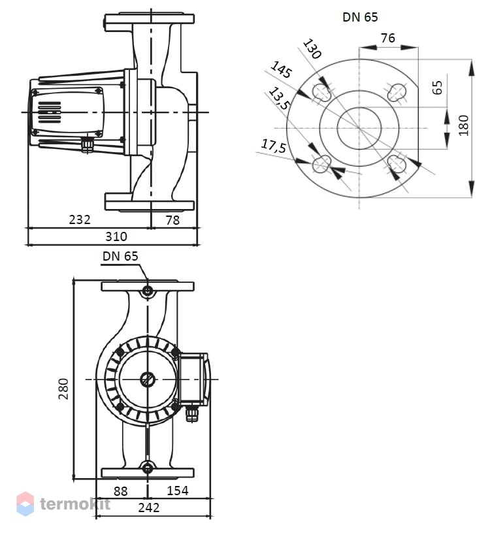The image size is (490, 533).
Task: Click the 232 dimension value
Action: tap(80, 219)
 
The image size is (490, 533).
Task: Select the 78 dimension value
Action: tap(172, 220)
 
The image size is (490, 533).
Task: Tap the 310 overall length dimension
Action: tap(116, 236)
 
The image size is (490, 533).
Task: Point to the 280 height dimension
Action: tap(63, 389)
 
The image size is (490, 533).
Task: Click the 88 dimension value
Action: tap(120, 491)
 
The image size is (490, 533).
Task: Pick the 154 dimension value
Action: tap(178, 491)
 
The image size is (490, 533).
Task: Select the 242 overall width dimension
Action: tap(148, 508)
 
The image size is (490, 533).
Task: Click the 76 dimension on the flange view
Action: tap(388, 38)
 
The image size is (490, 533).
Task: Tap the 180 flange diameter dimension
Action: tap(463, 125)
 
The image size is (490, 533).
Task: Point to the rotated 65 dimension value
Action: tap(437, 88)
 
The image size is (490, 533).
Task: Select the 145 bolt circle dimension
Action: tap(281, 69)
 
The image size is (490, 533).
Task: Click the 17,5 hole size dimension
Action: tap(274, 146)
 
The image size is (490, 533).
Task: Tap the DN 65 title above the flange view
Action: tap(360, 17)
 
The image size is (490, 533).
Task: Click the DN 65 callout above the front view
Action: tap(120, 256)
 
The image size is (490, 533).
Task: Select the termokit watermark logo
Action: tap(63, 504)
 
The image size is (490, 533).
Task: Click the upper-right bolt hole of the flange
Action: tap(397, 91)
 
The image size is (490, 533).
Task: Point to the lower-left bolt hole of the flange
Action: tap(321, 164)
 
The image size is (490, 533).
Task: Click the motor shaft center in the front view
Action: tap(148, 380)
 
